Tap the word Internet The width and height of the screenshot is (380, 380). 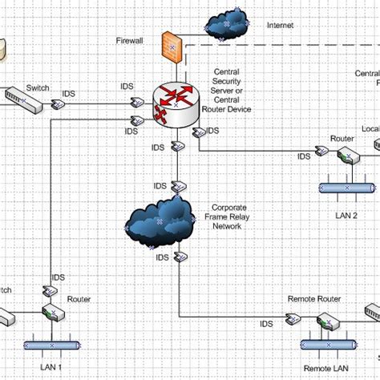[x=281, y=26]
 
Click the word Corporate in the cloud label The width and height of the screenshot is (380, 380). [x=228, y=207]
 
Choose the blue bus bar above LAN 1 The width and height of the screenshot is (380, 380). [x=51, y=346]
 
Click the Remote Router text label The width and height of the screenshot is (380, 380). [x=313, y=299]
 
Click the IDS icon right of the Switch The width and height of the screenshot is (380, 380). [x=58, y=104]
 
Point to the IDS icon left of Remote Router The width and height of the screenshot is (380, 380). [x=296, y=321]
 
